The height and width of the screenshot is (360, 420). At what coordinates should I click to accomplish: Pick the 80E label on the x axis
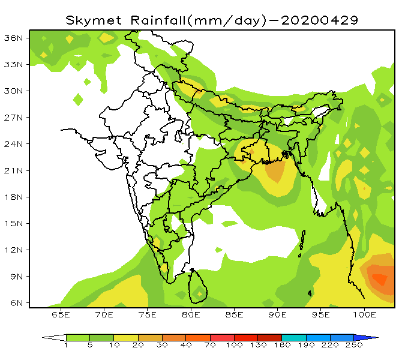point(191,314)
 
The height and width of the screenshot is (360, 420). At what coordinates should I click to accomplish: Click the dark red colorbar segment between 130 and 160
point(270,338)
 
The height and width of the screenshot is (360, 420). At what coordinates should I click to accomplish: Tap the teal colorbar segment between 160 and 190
point(294,338)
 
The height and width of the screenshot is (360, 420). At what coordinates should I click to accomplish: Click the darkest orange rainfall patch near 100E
point(380,278)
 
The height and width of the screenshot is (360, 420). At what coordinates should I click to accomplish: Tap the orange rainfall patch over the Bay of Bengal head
point(275,172)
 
